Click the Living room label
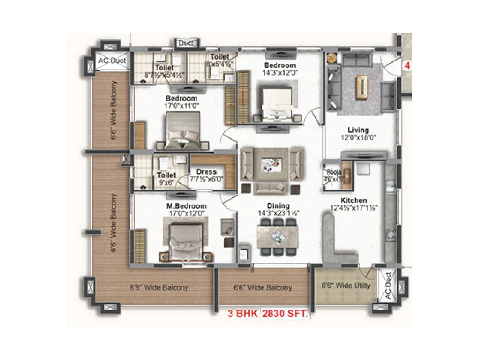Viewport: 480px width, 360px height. click(x=358, y=130)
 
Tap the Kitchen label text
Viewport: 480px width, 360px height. click(x=353, y=200)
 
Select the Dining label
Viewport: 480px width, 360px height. click(x=278, y=206)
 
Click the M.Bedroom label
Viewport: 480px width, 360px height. click(x=186, y=206)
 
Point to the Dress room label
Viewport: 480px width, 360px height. click(x=206, y=172)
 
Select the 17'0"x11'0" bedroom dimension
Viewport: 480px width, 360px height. click(x=182, y=106)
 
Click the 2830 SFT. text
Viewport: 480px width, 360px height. click(x=285, y=314)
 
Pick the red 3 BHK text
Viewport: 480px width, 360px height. click(x=242, y=314)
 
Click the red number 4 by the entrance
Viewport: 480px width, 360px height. click(x=407, y=66)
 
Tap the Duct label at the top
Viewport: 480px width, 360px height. click(x=186, y=43)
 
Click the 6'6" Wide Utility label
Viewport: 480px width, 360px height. click(x=346, y=285)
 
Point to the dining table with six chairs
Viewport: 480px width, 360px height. click(x=278, y=237)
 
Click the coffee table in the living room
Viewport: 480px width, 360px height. click(x=362, y=87)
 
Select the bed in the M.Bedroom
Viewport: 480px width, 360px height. click(x=185, y=241)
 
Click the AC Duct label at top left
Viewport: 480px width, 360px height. click(x=112, y=61)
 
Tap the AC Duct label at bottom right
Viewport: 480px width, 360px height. click(x=388, y=285)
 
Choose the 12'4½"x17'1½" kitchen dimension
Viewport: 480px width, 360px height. click(x=353, y=208)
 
